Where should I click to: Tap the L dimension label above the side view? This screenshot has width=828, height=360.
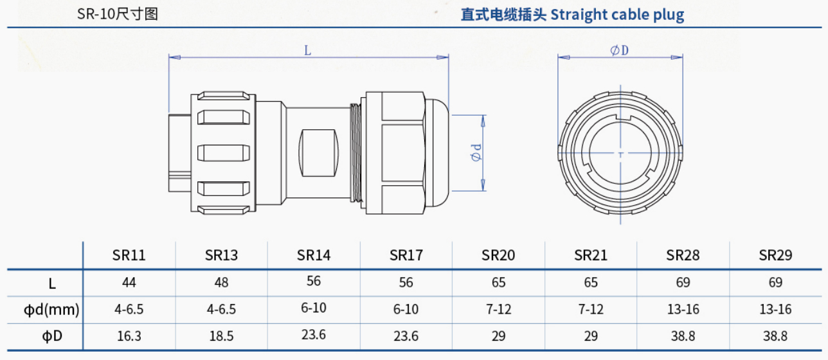[308, 50]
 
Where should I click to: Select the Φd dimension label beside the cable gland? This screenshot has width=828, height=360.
[477, 154]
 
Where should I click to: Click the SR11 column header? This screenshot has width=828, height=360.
[129, 255]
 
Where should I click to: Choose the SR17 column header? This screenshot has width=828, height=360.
[406, 255]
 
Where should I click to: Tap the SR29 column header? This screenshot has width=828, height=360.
[775, 255]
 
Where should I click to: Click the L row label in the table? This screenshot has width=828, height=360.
[52, 282]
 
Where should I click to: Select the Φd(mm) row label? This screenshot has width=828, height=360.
[51, 310]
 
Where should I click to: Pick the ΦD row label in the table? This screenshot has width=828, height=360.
[52, 336]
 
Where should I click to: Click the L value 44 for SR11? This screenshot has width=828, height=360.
[129, 282]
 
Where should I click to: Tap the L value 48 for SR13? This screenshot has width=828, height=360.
[221, 282]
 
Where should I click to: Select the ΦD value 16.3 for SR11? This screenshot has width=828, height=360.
[129, 336]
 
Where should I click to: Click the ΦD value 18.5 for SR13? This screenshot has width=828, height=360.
[221, 336]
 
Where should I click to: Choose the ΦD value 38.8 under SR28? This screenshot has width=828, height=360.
[683, 336]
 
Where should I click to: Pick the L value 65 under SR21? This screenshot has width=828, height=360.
[591, 282]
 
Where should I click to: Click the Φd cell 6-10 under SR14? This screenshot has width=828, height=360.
[314, 308]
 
